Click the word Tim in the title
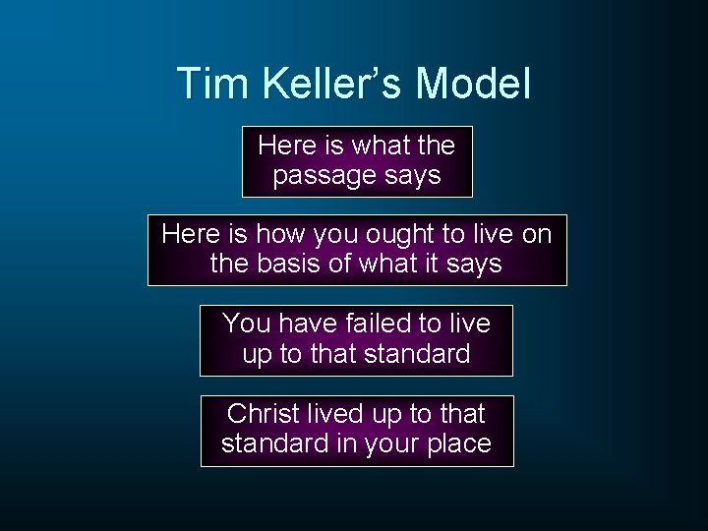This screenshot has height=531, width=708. click(203, 84)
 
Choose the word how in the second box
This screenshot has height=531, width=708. click(278, 234)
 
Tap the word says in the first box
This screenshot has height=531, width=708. click(414, 177)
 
